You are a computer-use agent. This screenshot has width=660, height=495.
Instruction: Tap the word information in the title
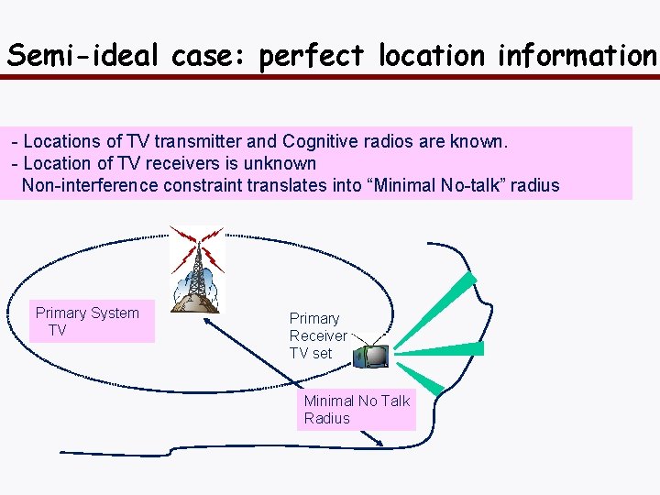click(577, 56)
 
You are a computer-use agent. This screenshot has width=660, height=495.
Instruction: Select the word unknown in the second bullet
click(279, 164)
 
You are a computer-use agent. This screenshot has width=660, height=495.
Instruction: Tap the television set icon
click(371, 355)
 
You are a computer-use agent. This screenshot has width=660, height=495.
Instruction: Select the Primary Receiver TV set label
click(317, 335)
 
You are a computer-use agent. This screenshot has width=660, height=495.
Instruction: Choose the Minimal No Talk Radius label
click(357, 410)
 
